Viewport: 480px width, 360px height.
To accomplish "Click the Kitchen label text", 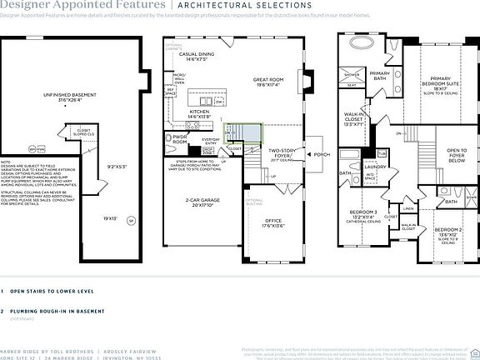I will tap(200, 113).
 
